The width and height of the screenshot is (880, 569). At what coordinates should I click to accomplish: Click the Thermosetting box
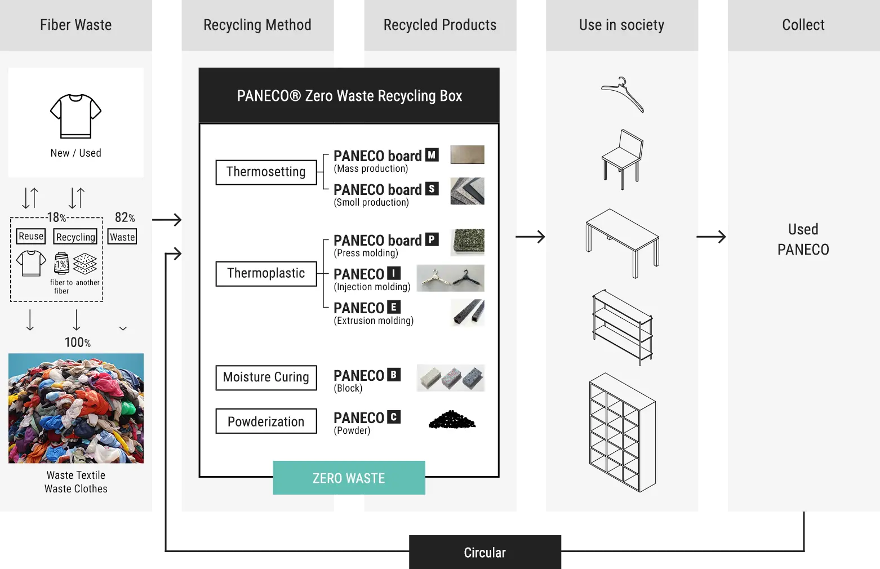click(x=266, y=172)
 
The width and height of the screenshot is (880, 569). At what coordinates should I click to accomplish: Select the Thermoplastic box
click(x=266, y=274)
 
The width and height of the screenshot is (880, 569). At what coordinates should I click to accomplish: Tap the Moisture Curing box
click(x=266, y=377)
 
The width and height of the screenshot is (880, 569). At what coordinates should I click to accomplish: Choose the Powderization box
click(x=266, y=421)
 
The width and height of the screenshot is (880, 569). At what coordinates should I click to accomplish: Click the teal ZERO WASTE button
click(x=349, y=478)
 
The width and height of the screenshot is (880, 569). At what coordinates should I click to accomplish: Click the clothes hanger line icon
click(x=623, y=94)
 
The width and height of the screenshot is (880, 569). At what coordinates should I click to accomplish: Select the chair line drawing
click(x=623, y=159)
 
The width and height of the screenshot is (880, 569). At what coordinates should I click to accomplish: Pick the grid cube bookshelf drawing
click(x=622, y=432)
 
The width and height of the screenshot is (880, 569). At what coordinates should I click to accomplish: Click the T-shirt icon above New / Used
click(x=75, y=115)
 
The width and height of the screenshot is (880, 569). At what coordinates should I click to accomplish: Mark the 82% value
click(x=125, y=217)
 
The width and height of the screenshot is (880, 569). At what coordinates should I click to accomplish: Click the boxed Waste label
click(x=122, y=237)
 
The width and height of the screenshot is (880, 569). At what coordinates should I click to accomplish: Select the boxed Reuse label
click(x=31, y=237)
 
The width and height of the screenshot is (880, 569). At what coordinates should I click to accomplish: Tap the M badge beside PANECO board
click(x=432, y=155)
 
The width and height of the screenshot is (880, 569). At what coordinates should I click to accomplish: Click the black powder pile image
click(x=452, y=420)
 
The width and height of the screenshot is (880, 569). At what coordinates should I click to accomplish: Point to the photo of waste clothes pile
click(x=76, y=408)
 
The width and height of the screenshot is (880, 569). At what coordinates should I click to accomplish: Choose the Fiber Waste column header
click(x=76, y=25)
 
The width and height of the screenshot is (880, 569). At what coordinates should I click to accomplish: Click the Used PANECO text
click(x=803, y=239)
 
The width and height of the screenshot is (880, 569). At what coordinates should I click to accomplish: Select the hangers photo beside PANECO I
click(x=450, y=278)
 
